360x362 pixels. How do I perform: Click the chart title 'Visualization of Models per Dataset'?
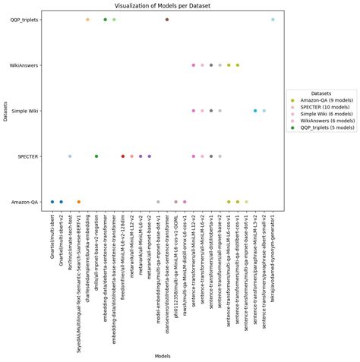click(162, 5)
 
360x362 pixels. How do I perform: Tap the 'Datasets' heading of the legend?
click(321, 93)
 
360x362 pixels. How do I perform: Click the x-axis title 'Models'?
click(162, 355)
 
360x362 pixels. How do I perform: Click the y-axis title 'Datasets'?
click(5, 111)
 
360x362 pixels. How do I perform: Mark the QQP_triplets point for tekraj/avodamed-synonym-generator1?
click(273, 20)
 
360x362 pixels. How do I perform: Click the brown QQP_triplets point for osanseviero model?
click(167, 20)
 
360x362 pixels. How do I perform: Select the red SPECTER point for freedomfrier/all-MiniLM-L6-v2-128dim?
click(123, 156)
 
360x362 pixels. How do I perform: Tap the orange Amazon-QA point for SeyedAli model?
click(79, 202)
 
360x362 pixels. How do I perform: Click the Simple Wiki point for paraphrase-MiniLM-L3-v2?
click(255, 111)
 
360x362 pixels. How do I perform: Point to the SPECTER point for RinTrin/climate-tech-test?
click(70, 156)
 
